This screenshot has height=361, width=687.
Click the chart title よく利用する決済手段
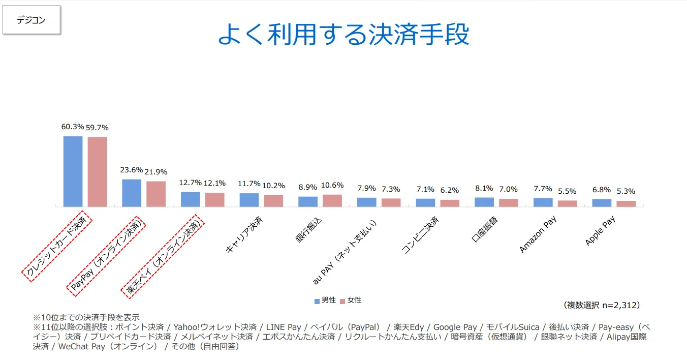pyautogui.click(x=343, y=35)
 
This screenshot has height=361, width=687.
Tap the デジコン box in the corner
pyautogui.click(x=31, y=20)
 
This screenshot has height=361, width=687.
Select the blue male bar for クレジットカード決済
pyautogui.click(x=73, y=171)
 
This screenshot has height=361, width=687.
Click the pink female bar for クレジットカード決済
pyautogui.click(x=97, y=172)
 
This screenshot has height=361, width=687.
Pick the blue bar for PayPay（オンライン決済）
pyautogui.click(x=132, y=193)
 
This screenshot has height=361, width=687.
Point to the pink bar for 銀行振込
pyautogui.click(x=332, y=201)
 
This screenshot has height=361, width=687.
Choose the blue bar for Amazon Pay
pyautogui.click(x=543, y=202)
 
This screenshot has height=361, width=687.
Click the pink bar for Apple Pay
pyautogui.click(x=626, y=204)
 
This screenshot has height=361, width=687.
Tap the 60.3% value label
pyautogui.click(x=72, y=127)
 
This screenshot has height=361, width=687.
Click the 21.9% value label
pyautogui.click(x=156, y=172)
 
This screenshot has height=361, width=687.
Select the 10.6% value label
pyautogui.click(x=332, y=185)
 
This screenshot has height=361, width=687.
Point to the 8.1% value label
pyautogui.click(x=484, y=188)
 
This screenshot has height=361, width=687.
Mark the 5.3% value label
pyautogui.click(x=626, y=192)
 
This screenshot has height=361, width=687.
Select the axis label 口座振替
pyautogui.click(x=484, y=229)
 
